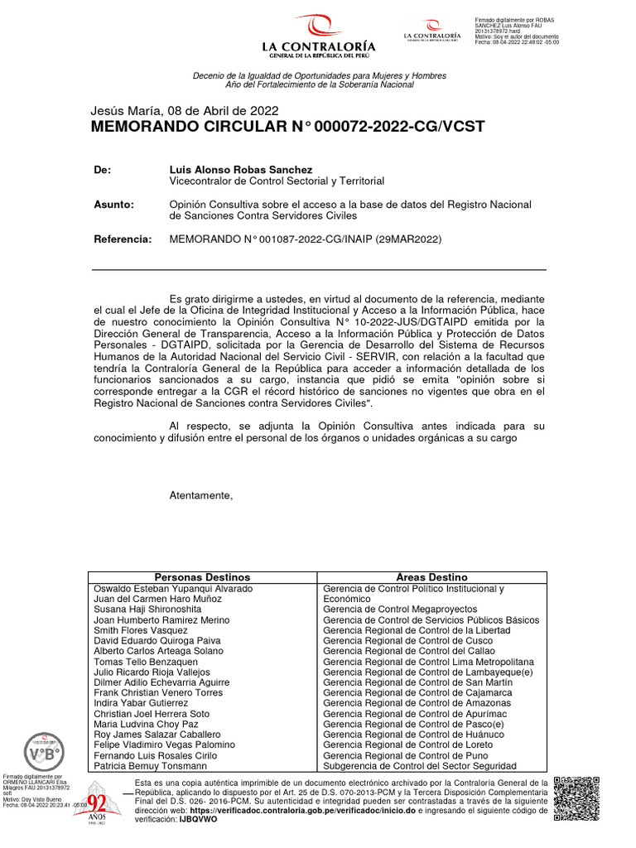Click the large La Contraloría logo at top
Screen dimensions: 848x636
319,36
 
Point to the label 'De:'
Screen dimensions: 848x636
103,169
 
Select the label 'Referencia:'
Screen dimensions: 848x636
123,239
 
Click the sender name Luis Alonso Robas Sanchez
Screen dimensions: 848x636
241,169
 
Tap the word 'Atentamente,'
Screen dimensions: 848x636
201,495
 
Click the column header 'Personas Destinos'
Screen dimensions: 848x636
202,577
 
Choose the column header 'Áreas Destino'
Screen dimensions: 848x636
431,577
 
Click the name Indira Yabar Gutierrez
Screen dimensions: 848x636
142,703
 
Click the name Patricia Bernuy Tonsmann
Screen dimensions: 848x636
150,767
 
